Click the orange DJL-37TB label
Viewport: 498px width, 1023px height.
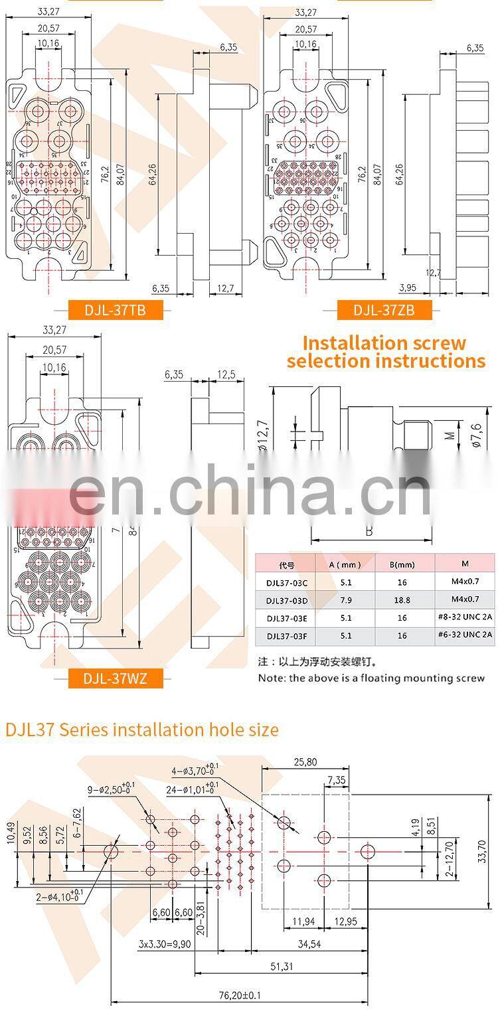click(116, 309)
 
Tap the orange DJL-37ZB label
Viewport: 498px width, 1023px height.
click(384, 309)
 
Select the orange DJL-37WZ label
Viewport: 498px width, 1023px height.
click(116, 678)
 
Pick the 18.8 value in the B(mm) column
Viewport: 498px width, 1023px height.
click(402, 600)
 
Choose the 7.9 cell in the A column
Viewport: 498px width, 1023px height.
click(345, 600)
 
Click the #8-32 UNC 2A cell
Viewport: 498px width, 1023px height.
click(465, 617)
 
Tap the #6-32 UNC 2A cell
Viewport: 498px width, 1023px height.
click(465, 635)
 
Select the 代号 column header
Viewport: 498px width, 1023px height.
click(287, 565)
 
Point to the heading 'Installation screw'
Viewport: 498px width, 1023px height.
click(384, 343)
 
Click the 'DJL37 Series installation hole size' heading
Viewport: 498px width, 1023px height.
click(142, 730)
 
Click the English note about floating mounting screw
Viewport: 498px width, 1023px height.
click(372, 678)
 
